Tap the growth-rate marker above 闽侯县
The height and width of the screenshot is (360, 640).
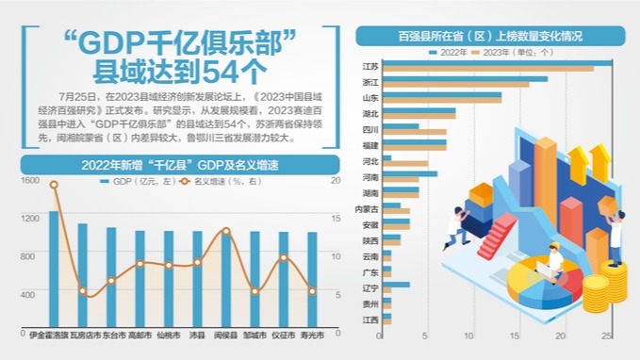coord(226,231)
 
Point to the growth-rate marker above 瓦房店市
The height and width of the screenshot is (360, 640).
coord(83,291)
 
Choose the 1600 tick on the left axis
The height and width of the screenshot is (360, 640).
coord(30,179)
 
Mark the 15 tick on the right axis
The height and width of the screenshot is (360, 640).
coord(336,218)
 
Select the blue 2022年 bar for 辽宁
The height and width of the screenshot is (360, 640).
coord(396,284)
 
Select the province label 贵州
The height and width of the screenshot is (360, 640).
coord(370,304)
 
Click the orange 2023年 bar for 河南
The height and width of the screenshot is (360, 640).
coord(401,179)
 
